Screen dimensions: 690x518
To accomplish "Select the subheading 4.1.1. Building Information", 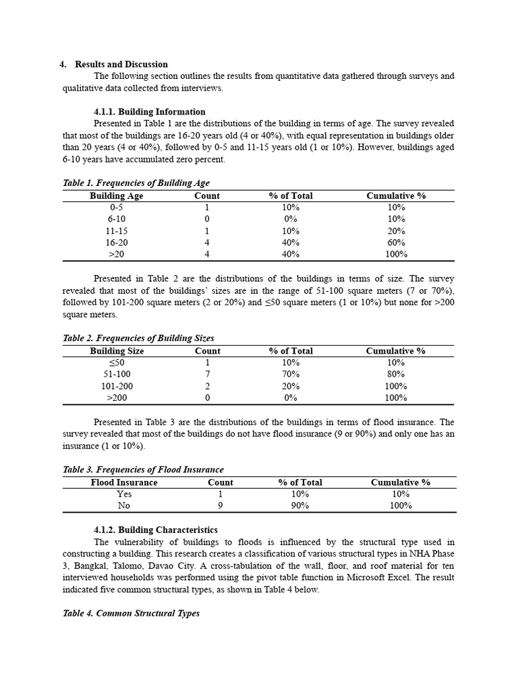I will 150,112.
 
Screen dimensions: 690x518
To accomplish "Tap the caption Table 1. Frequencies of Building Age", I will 136,183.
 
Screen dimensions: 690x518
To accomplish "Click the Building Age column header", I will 117,196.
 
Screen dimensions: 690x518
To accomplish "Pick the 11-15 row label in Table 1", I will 117,231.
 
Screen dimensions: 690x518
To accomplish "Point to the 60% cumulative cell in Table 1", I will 396,243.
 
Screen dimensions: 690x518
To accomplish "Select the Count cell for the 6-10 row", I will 207,219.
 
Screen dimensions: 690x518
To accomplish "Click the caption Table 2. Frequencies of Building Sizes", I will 138,338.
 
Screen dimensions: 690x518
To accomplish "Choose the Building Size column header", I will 117,351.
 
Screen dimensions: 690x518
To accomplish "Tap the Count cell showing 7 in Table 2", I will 207,374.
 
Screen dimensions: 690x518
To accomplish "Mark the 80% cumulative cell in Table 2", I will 396,374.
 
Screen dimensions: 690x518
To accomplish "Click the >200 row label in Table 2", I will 117,398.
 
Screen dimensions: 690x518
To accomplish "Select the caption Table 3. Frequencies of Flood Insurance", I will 143,470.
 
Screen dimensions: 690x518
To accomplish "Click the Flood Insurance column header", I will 124,482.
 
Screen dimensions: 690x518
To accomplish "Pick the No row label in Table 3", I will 124,505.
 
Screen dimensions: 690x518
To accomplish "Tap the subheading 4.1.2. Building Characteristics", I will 156,530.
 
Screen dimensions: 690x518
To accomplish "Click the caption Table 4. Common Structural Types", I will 131,614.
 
